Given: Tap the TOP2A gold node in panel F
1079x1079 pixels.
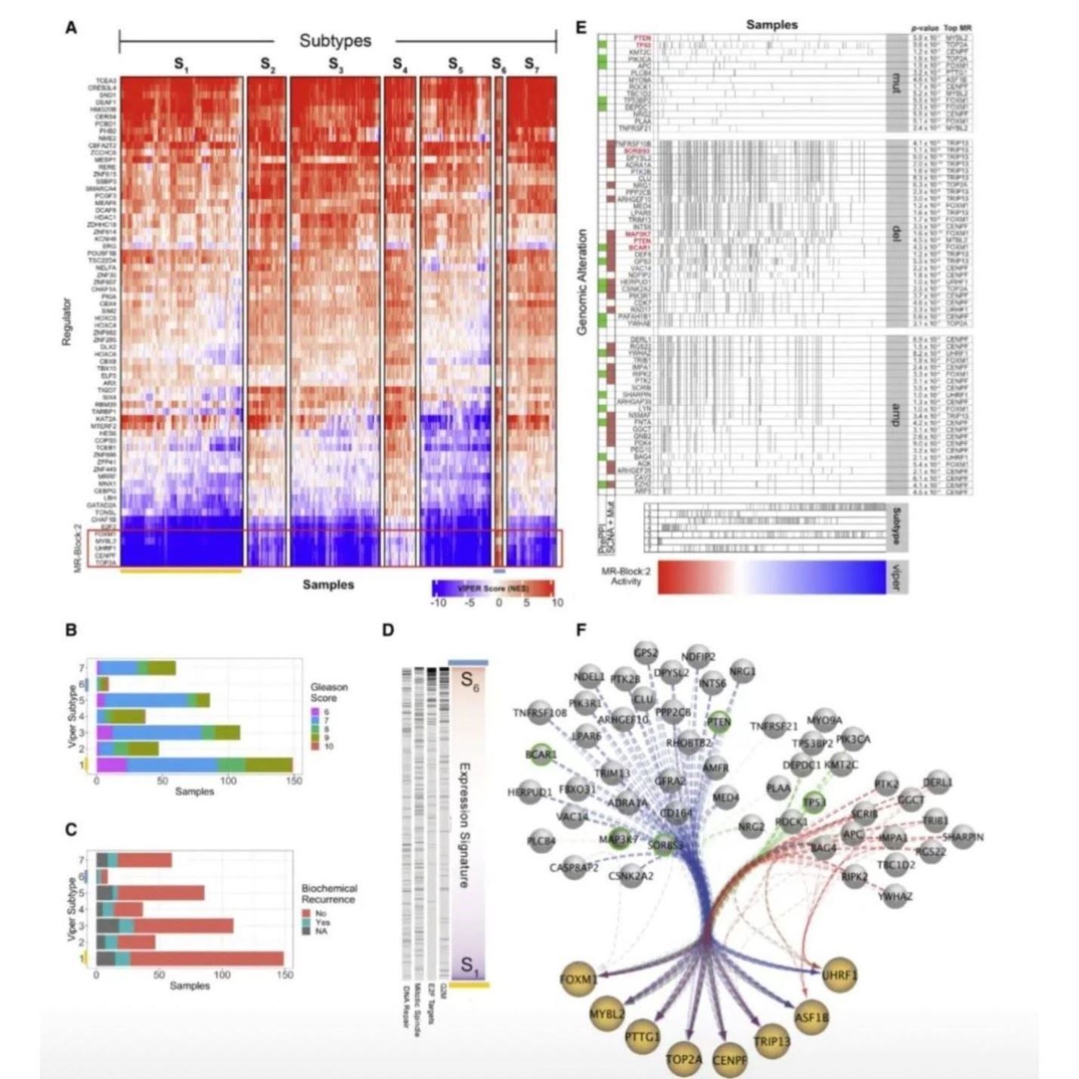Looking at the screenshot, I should [x=684, y=1059].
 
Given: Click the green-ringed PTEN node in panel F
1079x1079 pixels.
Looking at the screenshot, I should [x=718, y=722].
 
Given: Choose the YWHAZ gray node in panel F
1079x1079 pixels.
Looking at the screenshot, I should [x=895, y=896].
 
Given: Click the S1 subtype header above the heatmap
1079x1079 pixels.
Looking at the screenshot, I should [x=181, y=65].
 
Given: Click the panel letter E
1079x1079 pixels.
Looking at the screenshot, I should [x=581, y=28].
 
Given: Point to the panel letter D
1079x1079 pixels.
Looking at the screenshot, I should [x=388, y=629].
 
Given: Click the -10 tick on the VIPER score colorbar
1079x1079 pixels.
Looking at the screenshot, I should [x=437, y=603].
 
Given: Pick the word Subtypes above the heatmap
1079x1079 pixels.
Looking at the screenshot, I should [x=335, y=41].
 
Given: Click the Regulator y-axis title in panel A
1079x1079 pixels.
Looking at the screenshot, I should [x=67, y=322].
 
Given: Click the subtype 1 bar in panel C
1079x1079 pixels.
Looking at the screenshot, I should [x=189, y=958].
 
